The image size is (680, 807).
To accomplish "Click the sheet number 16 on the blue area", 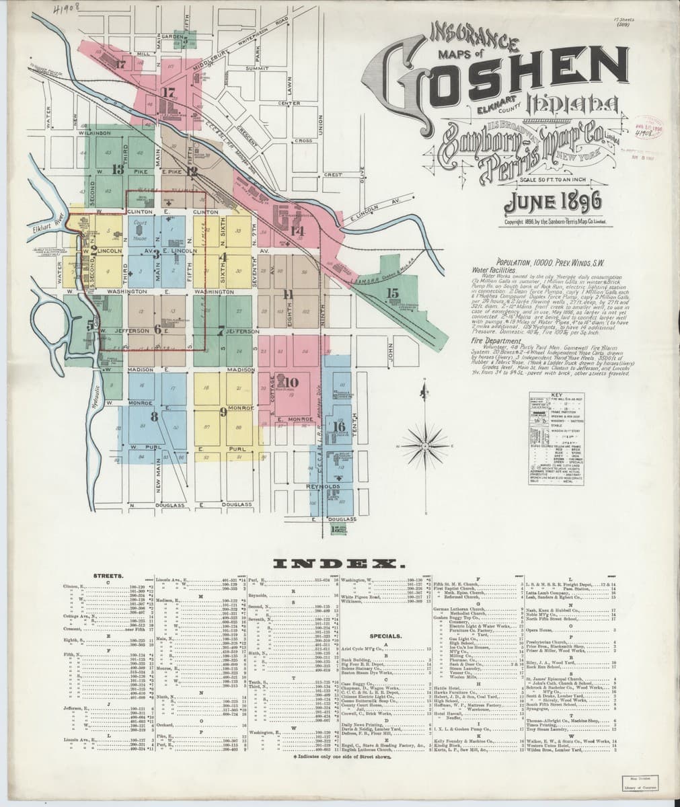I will [x=339, y=427].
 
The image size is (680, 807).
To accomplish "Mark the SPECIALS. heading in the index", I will [x=385, y=635].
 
